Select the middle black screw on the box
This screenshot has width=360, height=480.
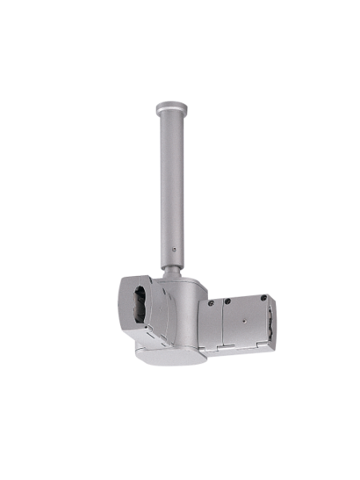click(228, 302)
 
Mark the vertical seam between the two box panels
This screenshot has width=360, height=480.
click(221, 324)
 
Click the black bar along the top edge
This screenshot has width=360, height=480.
click(180, 30)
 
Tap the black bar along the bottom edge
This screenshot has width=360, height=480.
click(180, 450)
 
